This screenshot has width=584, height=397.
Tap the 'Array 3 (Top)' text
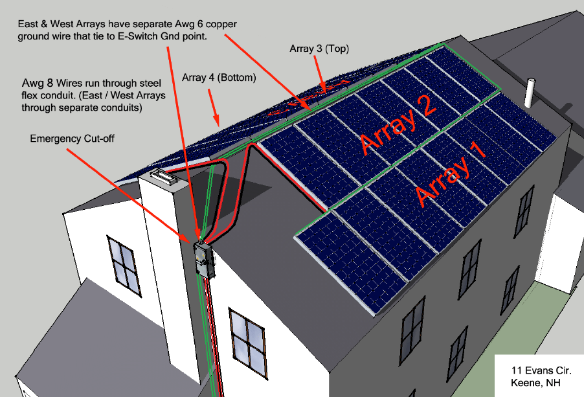(x=320, y=49)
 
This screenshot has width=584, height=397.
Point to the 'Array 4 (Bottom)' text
(x=219, y=78)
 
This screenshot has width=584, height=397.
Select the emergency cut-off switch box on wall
(x=204, y=260)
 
